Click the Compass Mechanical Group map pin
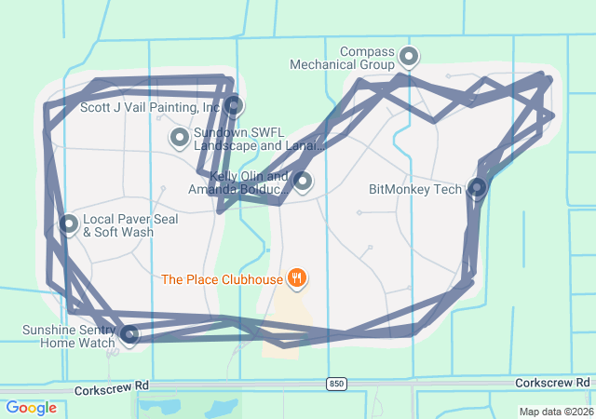tap(408, 57)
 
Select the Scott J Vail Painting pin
tap(234, 106)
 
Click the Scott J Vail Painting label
tap(149, 107)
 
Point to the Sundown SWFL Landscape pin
tap(179, 138)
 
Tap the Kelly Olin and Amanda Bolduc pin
tap(302, 181)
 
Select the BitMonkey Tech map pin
tap(477, 188)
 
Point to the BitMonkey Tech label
tap(415, 189)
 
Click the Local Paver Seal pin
tap(69, 223)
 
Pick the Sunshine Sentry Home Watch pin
tap(129, 334)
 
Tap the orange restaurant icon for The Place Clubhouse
tap(297, 277)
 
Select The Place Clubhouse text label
tap(221, 278)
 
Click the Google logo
tap(31, 408)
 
